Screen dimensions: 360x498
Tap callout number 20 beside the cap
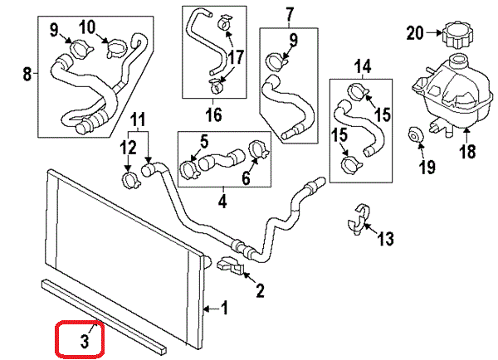click(415, 33)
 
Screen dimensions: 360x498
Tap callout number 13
click(384, 240)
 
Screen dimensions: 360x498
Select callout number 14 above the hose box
click(363, 65)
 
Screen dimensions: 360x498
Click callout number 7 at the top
click(290, 14)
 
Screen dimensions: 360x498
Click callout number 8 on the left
click(27, 75)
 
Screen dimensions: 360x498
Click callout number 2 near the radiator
click(259, 290)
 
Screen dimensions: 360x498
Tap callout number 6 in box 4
click(246, 178)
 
